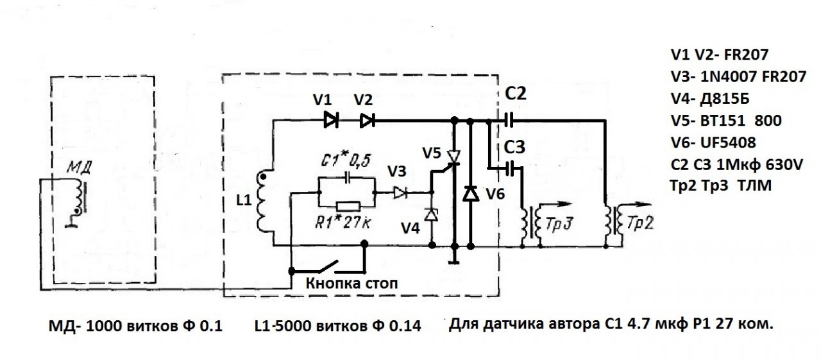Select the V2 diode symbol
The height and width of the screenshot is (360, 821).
tap(367, 119)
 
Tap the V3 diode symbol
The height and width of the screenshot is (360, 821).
tap(400, 191)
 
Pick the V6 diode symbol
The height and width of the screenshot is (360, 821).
tap(471, 193)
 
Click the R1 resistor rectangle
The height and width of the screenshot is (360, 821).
tap(346, 207)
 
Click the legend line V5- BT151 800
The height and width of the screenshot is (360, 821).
tap(725, 121)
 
